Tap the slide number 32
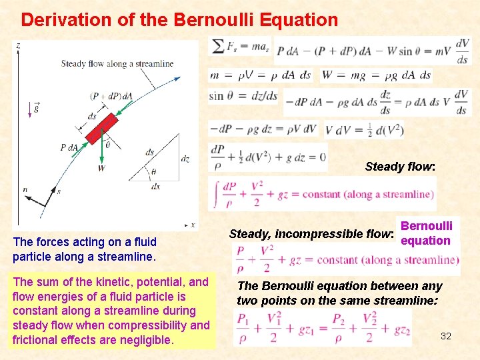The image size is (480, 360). coord(446,336)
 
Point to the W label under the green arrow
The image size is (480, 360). coord(101,168)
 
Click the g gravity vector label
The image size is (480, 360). coord(35,107)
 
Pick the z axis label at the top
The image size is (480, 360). coord(18,45)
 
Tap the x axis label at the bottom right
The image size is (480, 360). coord(193,225)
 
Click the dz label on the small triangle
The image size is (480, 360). coord(185,159)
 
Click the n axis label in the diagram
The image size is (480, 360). coord(25,190)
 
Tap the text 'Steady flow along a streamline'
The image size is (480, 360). coord(117,64)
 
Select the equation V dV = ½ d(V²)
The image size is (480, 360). coord(364,130)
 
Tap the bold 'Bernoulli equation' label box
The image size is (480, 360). coord(426,233)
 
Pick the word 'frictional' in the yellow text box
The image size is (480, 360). coord(39,340)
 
